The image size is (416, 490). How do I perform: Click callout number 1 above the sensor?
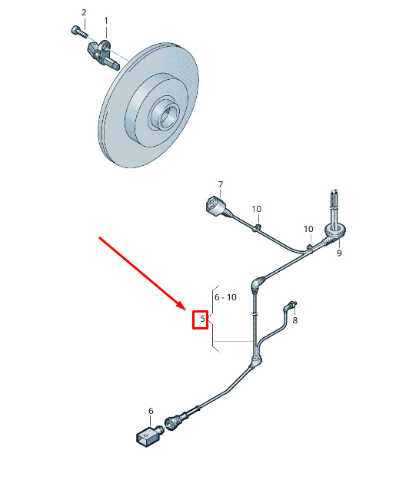pos(106,21)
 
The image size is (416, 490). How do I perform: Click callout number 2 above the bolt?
pos(84,12)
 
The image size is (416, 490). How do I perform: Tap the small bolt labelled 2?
pos(79,31)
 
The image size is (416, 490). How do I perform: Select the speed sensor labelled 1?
pos(103,55)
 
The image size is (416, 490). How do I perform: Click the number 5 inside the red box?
pos(203,319)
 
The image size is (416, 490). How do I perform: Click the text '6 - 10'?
pos(225,297)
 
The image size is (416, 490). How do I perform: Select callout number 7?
pos(221,184)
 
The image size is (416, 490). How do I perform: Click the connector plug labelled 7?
pos(216,207)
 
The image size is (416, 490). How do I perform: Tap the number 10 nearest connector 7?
pos(257,209)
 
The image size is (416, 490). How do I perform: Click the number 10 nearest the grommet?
pos(308,229)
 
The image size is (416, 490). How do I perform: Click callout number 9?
pos(339,253)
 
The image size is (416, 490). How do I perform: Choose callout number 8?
pos(295,320)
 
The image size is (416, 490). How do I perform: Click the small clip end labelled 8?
pos(291,306)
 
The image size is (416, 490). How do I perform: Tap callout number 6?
pos(151,411)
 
